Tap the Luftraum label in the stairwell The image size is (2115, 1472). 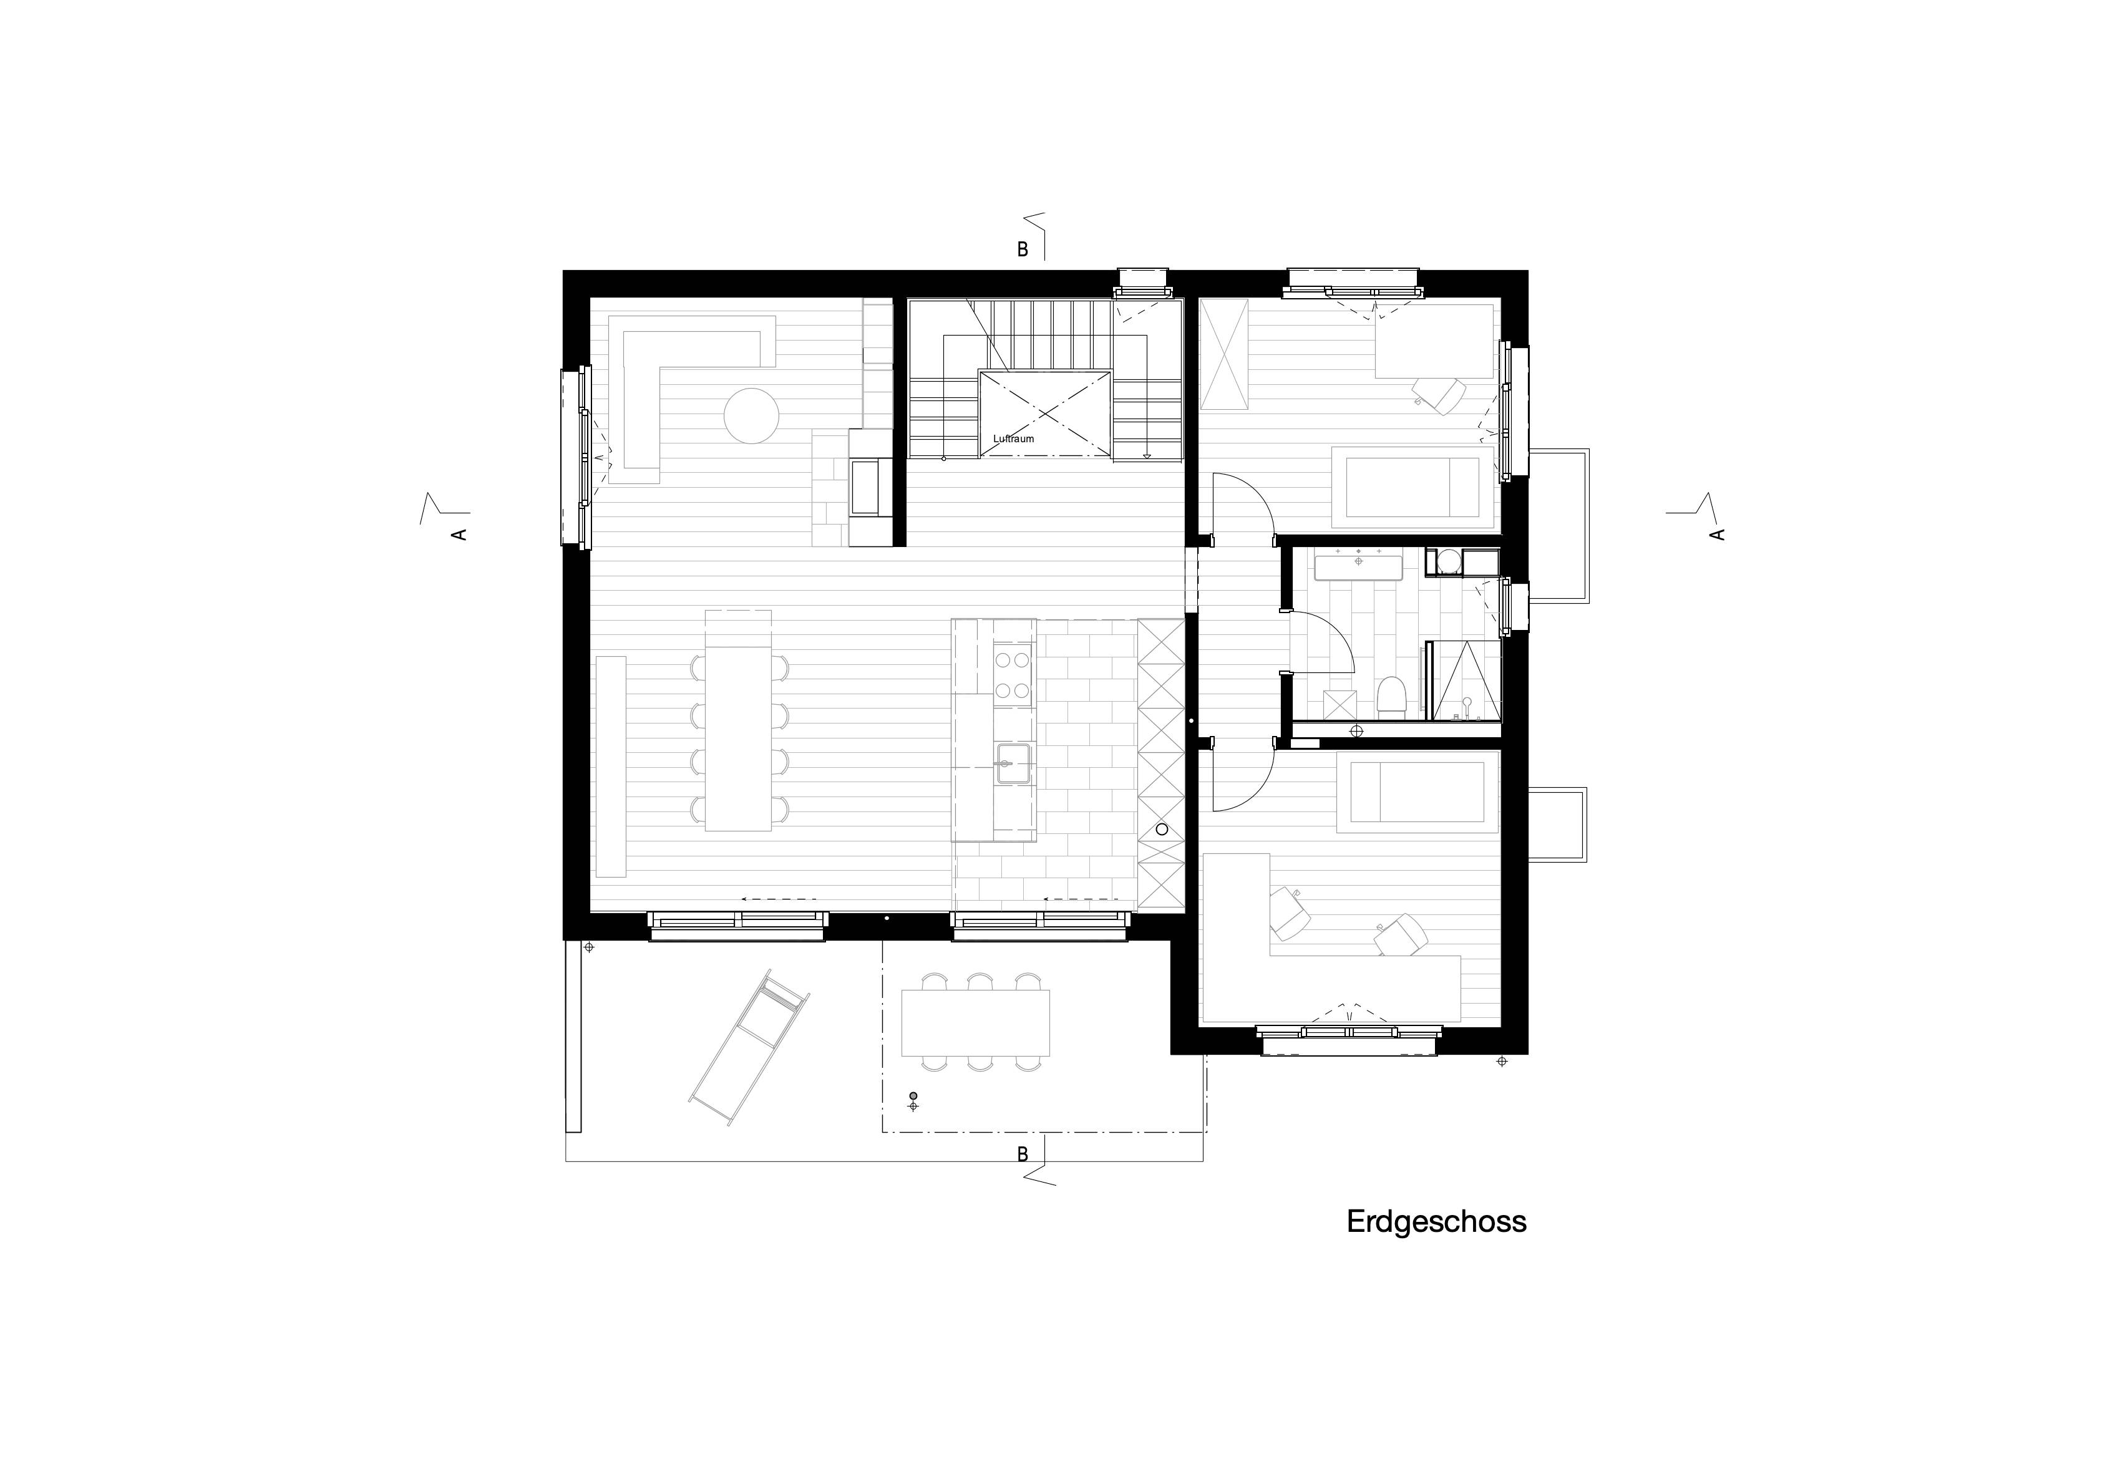click(1013, 438)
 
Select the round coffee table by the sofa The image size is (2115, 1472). click(752, 415)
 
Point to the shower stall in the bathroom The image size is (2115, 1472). click(1463, 680)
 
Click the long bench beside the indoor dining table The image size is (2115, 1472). click(611, 767)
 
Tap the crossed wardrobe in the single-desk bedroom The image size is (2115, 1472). click(1223, 356)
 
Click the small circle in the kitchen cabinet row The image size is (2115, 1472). click(1162, 829)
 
